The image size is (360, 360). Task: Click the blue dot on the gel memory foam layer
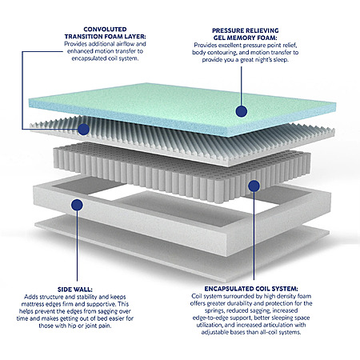[242, 111]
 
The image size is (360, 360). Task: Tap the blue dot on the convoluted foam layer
[83, 129]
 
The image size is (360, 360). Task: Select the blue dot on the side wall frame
[77, 205]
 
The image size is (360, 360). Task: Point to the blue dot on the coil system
[254, 186]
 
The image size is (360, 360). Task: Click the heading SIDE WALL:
[75, 290]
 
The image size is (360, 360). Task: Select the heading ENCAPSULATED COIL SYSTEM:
[251, 289]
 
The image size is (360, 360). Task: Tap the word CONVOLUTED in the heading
[105, 29]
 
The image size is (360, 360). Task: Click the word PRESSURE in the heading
[229, 30]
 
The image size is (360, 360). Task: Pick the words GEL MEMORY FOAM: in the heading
[246, 38]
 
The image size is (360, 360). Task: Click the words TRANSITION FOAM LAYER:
[105, 36]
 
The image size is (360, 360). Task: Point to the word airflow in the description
[126, 44]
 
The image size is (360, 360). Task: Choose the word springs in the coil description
[214, 310]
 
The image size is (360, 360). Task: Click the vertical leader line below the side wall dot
[77, 246]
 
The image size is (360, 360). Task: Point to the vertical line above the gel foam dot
[242, 86]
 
